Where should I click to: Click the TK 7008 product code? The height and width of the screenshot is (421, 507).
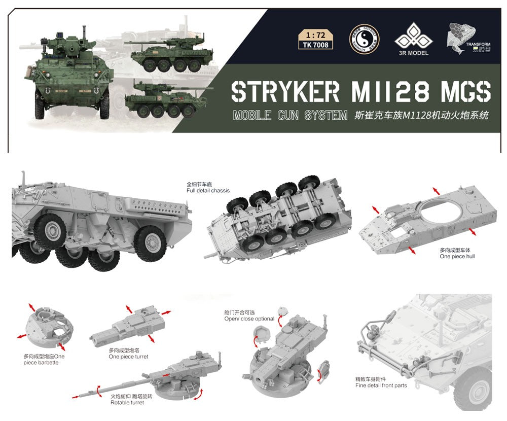click(316, 45)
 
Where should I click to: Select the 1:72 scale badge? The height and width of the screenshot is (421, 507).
click(316, 36)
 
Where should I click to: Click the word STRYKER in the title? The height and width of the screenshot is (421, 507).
click(285, 91)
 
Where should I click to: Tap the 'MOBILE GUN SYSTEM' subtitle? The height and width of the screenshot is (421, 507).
click(290, 115)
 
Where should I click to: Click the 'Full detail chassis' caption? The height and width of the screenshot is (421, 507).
click(208, 191)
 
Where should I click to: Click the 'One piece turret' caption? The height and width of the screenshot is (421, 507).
click(128, 357)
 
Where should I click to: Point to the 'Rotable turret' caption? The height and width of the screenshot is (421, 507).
click(127, 403)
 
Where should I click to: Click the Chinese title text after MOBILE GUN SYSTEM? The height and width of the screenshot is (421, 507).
click(420, 115)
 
